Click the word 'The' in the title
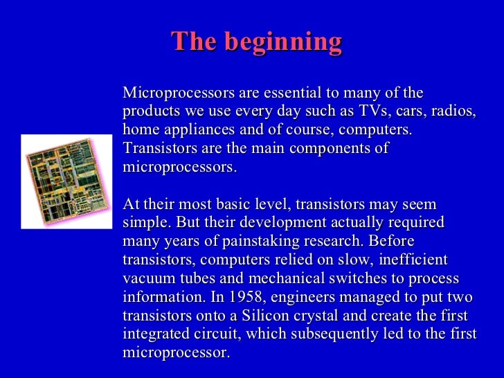point(195,43)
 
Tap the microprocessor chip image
point(66,181)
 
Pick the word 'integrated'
point(156,335)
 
